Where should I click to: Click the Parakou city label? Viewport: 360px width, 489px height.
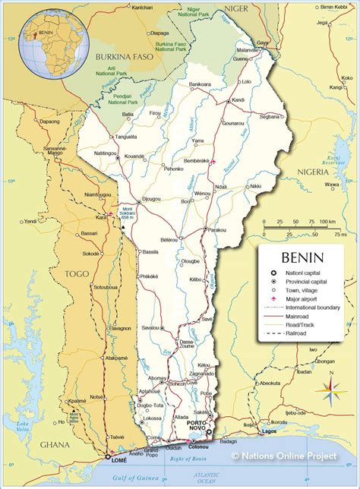click(x=216, y=229)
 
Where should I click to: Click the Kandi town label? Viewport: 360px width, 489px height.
click(x=238, y=100)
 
